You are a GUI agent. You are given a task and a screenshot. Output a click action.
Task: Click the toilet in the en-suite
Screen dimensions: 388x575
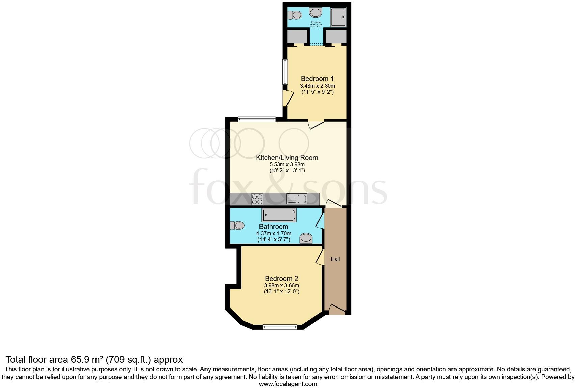(296, 15)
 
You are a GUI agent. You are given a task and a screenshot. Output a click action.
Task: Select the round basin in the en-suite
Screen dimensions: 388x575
(316, 13)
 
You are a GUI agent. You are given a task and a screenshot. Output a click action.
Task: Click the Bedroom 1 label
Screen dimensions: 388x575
(317, 79)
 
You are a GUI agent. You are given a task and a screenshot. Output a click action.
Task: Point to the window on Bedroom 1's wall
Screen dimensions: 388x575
(285, 72)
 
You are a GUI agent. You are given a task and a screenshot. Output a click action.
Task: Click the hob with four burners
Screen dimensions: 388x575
(257, 199)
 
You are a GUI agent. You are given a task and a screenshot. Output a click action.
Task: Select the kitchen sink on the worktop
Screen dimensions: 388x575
(297, 199)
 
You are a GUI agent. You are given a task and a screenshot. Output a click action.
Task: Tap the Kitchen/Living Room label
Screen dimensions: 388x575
(287, 158)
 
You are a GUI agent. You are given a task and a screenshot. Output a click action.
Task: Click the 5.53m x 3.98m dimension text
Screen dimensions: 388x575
(287, 165)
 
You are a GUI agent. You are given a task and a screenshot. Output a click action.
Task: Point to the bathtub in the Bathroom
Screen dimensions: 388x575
(279, 215)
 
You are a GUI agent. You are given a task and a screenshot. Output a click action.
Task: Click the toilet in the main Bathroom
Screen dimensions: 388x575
(238, 225)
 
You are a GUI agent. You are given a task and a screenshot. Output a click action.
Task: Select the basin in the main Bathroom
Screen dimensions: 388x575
(306, 238)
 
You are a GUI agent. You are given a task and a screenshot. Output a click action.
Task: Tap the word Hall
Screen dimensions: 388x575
(335, 259)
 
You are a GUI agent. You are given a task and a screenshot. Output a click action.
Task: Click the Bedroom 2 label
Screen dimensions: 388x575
(281, 279)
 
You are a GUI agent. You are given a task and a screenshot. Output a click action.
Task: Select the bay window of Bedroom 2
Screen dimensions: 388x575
(280, 327)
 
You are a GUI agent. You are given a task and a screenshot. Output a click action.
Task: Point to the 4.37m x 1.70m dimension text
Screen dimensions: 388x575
(274, 233)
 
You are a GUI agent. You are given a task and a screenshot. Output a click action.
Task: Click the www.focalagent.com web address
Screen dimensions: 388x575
(288, 384)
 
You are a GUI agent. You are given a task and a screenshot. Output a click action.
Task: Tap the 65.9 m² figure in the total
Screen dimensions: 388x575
(86, 359)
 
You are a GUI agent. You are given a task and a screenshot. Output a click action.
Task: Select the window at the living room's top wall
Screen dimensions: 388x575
(256, 119)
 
